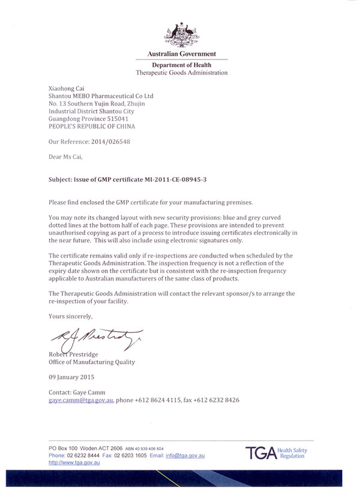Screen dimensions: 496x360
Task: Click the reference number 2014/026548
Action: point(109,142)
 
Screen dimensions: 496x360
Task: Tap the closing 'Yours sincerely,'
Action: point(70,315)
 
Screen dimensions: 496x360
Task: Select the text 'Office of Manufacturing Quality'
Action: point(91,362)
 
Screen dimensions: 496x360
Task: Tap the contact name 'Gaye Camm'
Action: point(89,392)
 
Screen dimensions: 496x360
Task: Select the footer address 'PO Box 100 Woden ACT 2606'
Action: point(87,449)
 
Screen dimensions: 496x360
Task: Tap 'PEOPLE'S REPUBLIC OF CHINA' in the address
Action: point(91,127)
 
